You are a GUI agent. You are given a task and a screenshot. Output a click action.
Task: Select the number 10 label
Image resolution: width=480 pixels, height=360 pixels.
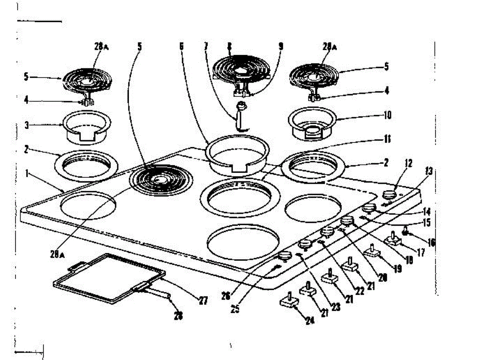(x=387, y=116)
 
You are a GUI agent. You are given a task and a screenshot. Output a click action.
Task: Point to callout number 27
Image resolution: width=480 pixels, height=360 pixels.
(x=203, y=300)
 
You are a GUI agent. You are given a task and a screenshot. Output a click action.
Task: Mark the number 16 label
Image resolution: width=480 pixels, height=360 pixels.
(x=430, y=242)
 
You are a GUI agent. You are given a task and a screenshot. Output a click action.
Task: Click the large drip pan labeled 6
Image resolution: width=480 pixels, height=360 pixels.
(x=238, y=154)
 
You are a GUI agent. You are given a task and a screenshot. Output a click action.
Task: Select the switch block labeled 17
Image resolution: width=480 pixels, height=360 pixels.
(x=394, y=241)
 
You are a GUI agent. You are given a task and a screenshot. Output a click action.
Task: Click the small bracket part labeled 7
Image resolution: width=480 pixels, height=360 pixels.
(x=241, y=116)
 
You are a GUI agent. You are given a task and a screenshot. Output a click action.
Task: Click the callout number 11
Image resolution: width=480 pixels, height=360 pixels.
(x=387, y=140)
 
